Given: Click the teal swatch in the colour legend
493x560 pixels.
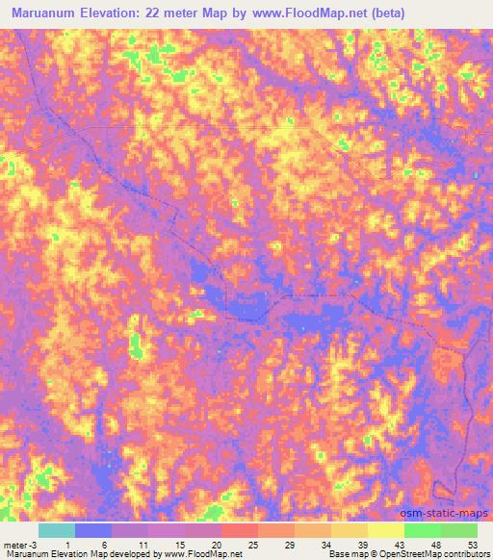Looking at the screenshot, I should coord(57,530).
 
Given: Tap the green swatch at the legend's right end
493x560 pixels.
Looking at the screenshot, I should coord(459,530).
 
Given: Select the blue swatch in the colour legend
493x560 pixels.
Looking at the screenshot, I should coord(93,530).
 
